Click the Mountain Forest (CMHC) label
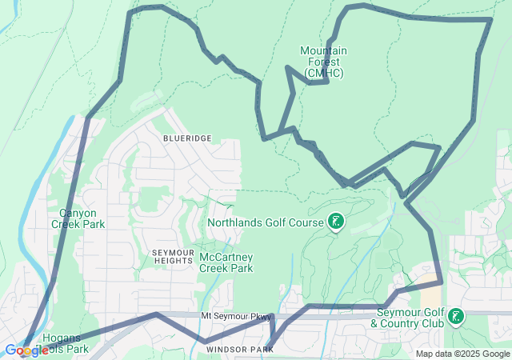[323, 62]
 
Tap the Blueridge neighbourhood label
[187, 138]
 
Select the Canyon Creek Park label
[78, 218]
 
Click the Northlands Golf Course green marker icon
[337, 222]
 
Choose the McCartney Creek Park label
[226, 262]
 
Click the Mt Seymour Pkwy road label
[236, 317]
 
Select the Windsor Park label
[234, 350]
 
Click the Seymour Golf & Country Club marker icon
[456, 317]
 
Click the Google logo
[26, 350]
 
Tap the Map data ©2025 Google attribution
[462, 354]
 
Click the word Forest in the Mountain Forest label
[324, 62]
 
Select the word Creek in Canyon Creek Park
[67, 224]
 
